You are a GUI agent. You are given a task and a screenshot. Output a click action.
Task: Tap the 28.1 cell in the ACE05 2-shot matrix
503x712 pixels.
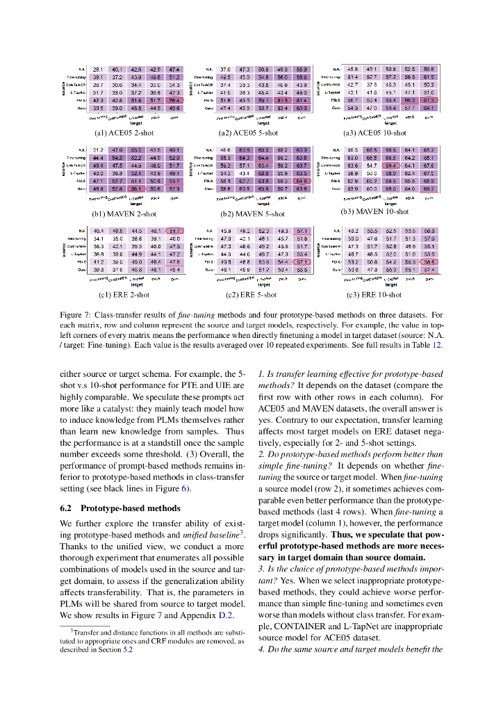tap(98, 70)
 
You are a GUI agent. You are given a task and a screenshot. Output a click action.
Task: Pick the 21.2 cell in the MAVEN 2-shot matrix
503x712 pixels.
tap(98, 149)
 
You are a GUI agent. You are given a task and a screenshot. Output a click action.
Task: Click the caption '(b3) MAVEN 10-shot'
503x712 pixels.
tap(374, 211)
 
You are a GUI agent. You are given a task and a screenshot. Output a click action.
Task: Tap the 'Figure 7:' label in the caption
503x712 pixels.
tap(75, 316)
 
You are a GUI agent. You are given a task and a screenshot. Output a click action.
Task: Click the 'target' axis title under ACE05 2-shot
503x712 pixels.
tap(136, 124)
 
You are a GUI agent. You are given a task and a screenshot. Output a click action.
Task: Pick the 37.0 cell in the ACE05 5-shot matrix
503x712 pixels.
tap(225, 70)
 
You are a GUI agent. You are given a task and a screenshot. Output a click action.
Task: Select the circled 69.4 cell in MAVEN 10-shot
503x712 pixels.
tap(391, 166)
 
